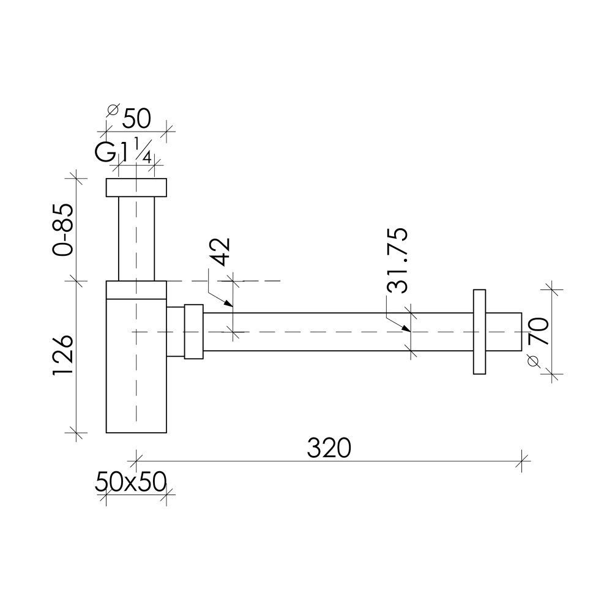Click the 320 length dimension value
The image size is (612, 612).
pos(329,448)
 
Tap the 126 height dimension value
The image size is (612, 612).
pos(63,355)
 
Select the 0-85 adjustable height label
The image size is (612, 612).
pos(63,229)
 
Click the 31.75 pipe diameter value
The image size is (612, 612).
pos(398,260)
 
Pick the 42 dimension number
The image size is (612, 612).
pos(220,252)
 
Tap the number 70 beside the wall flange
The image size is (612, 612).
pos(539,332)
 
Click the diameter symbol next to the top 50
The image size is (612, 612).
pos(113,110)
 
